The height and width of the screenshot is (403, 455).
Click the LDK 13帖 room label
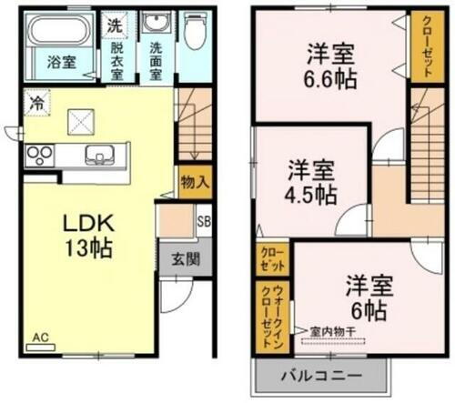[87, 235]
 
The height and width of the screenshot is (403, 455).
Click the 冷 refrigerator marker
[35, 102]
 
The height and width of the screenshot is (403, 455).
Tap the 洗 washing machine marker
[115, 24]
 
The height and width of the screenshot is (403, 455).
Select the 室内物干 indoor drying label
[331, 331]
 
